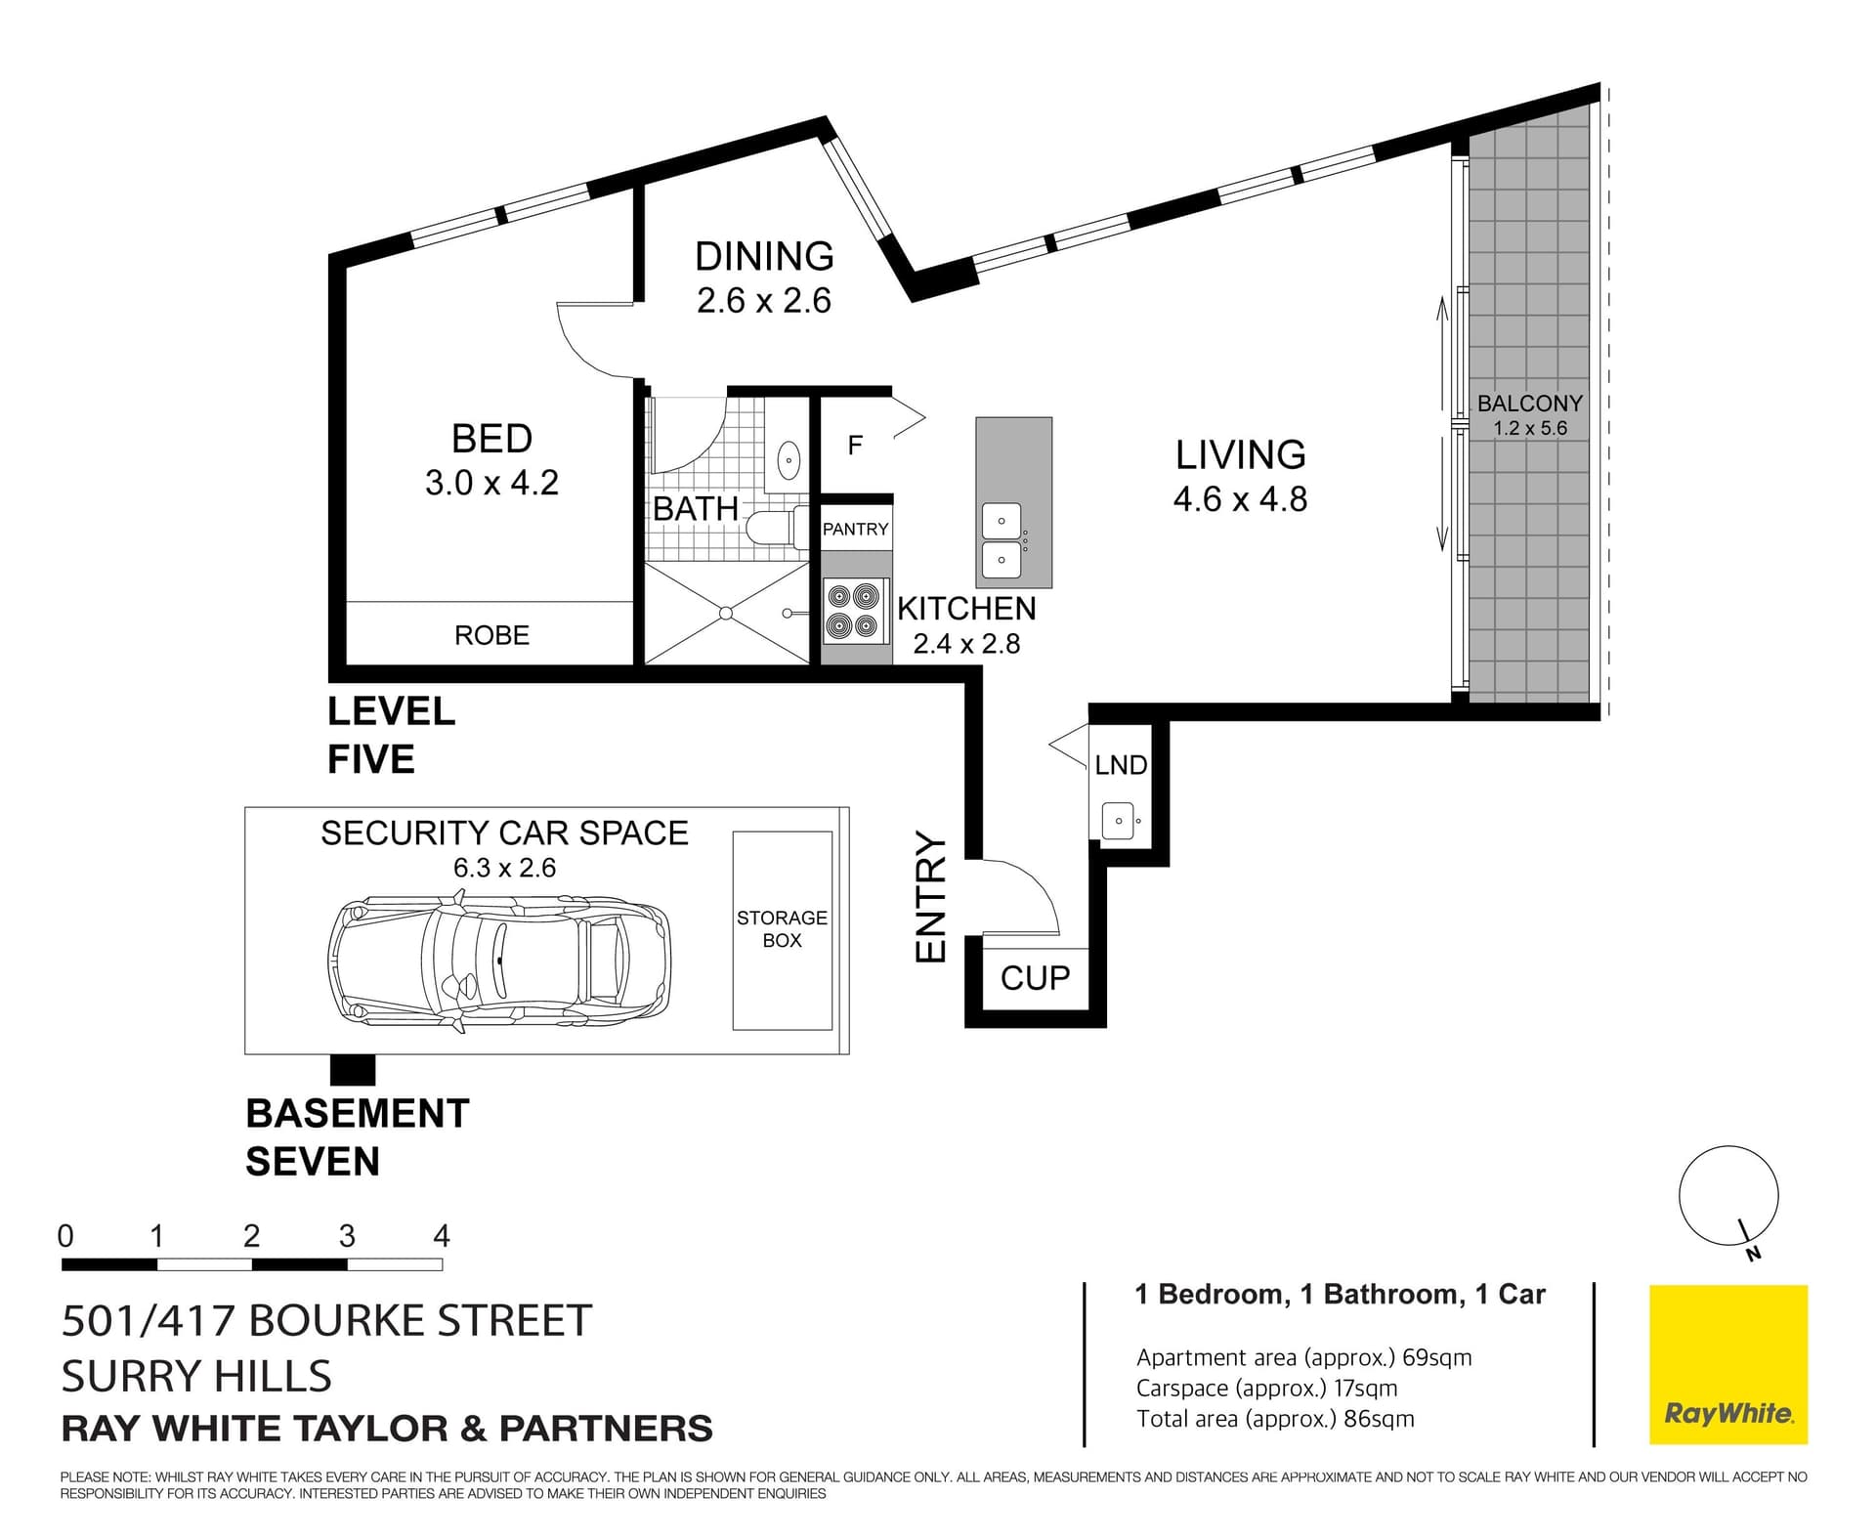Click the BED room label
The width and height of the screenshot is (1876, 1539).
(x=491, y=439)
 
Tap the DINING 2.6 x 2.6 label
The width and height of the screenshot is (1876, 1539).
(x=764, y=278)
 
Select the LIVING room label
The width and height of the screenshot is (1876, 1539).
(x=1240, y=455)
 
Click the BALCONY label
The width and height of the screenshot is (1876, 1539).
(x=1529, y=404)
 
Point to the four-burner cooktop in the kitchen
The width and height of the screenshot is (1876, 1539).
(x=854, y=611)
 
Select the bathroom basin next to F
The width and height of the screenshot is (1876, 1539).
(x=788, y=458)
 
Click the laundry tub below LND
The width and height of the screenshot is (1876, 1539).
(x=1118, y=820)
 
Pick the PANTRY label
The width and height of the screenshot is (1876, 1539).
(x=855, y=529)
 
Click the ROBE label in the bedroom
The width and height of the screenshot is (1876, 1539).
(x=491, y=635)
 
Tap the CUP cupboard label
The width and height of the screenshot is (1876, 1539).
(x=1035, y=977)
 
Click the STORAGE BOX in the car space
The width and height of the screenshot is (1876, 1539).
(x=782, y=929)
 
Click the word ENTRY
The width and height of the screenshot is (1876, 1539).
(x=931, y=897)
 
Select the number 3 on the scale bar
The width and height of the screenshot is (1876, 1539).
(x=347, y=1236)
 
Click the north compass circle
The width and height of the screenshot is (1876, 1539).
(x=1727, y=1195)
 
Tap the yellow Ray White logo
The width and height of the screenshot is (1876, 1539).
(x=1727, y=1364)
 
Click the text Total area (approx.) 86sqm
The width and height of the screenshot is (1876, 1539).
(x=1275, y=1419)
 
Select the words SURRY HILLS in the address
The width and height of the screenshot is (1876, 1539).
(x=196, y=1376)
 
